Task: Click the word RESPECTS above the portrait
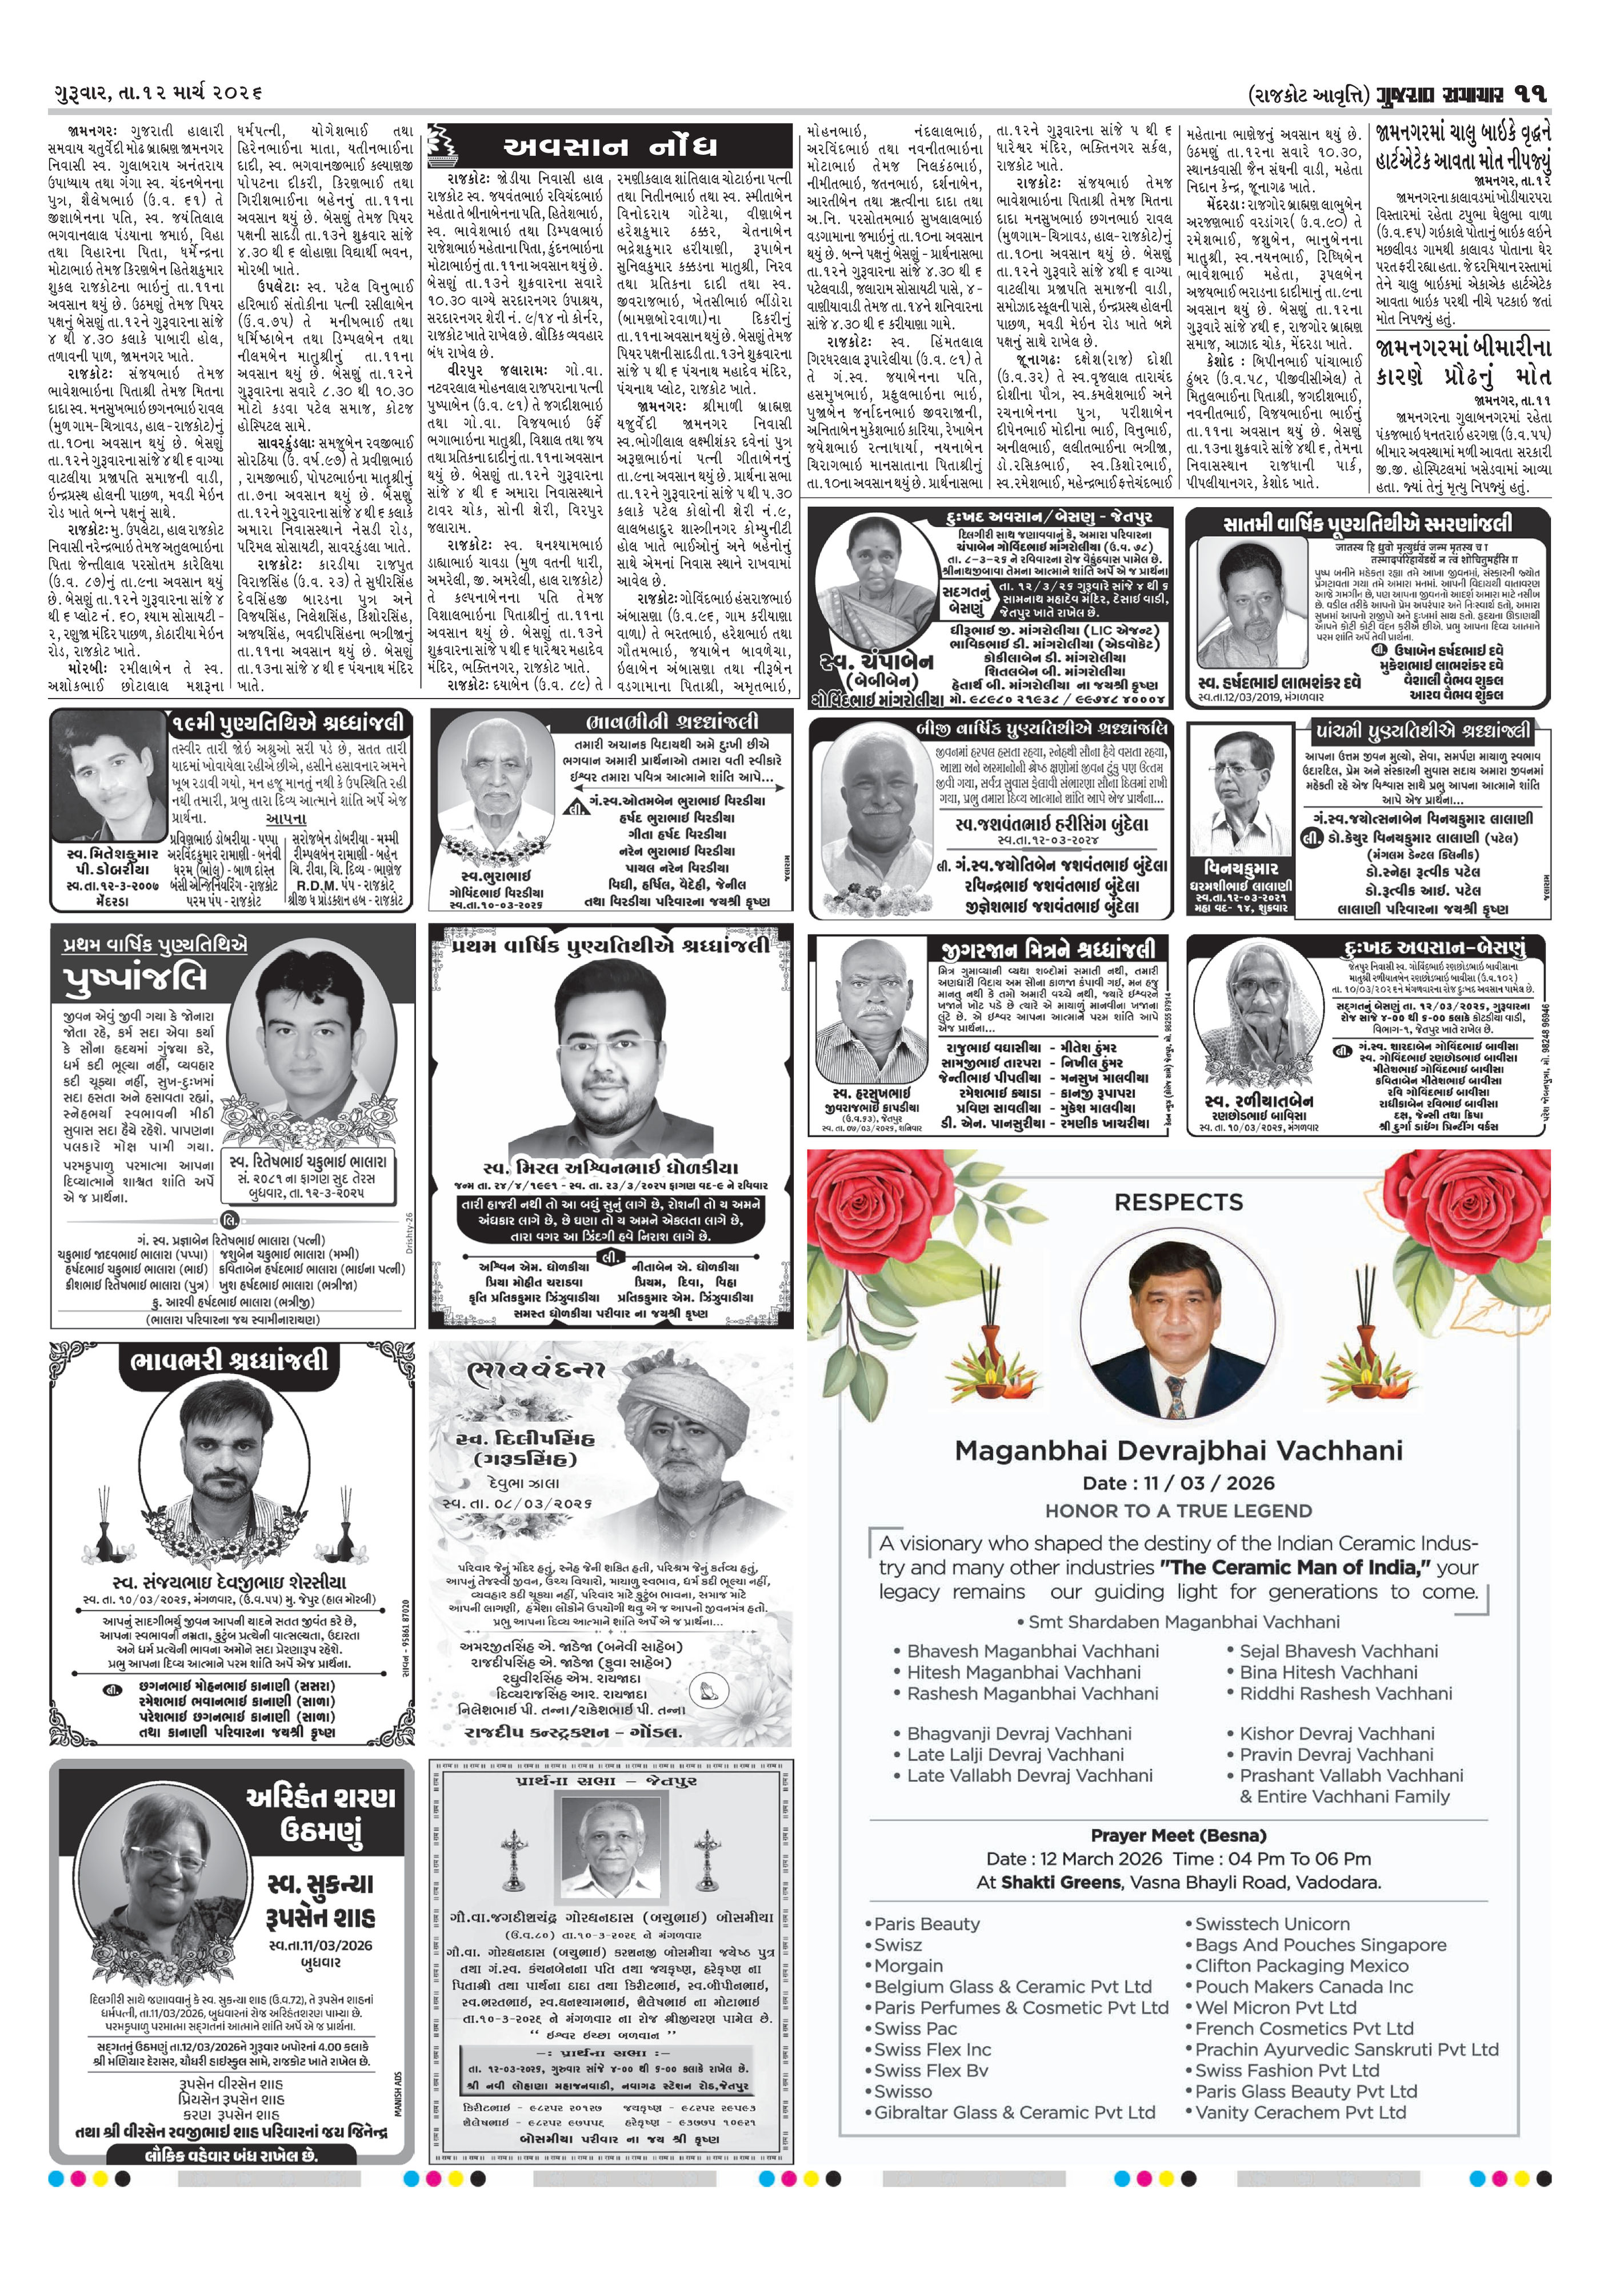[x=1178, y=1202]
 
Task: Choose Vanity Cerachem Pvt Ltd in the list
[x=1301, y=2112]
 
